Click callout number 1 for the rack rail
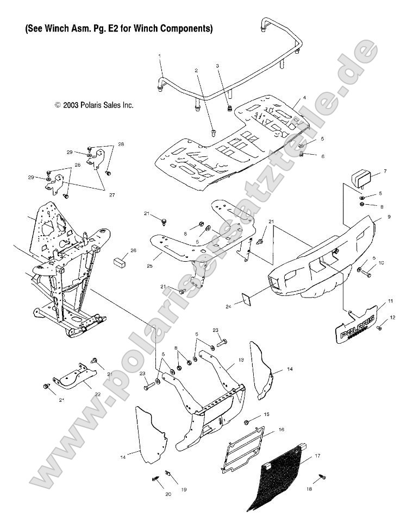(160, 56)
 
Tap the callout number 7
(385, 171)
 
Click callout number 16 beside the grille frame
(281, 429)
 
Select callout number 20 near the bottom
(167, 494)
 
